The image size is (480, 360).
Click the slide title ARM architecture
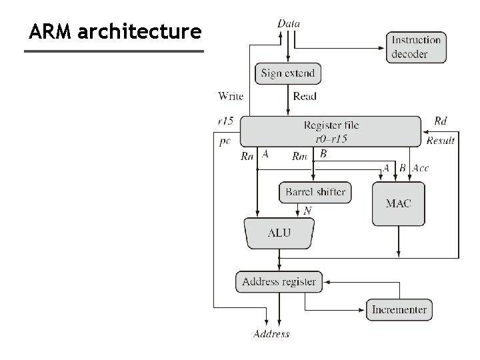pos(115,31)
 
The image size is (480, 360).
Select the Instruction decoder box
pos(417,47)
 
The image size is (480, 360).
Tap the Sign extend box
pos(288,73)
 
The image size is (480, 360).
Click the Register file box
pos(331,131)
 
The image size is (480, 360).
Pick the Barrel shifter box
pos(315,192)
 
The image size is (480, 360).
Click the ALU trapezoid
pos(279,233)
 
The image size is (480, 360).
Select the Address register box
pos(279,281)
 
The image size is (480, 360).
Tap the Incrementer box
pos(399,309)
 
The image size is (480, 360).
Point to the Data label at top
pos(289,23)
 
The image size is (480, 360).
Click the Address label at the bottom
pos(271,334)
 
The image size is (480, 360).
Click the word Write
pos(231,96)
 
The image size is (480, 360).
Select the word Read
pos(305,96)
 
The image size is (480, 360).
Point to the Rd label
pos(441,121)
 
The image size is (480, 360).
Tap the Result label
pos(441,141)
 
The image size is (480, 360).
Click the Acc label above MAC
pos(421,168)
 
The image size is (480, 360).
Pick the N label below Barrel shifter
pos(307,211)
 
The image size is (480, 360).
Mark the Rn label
pos(247,157)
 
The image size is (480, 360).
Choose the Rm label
pos(299,157)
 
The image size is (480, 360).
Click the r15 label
pos(225,121)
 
